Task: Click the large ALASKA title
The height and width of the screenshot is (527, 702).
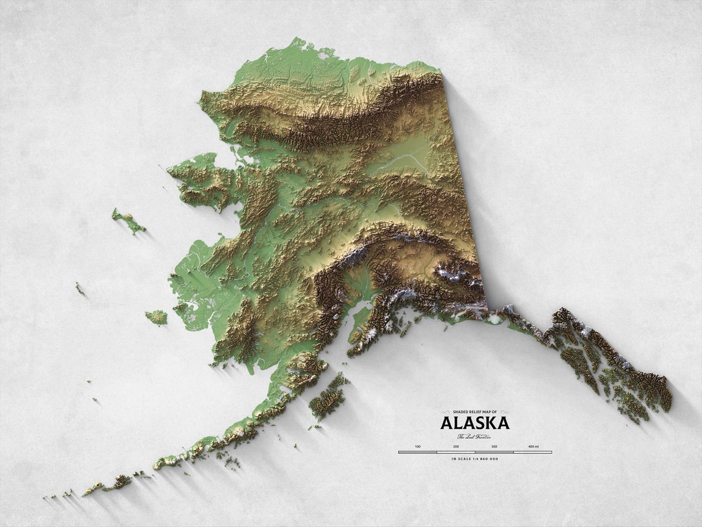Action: pos(475,423)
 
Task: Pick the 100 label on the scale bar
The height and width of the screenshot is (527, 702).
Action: pos(418,446)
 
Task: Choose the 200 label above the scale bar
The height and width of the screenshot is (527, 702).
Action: pos(456,446)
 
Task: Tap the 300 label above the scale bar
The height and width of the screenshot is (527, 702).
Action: pos(494,446)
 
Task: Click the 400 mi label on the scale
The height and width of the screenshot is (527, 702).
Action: pos(533,446)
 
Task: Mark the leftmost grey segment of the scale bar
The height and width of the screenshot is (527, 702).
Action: pos(418,452)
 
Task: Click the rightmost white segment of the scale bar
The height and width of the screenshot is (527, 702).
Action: pos(533,452)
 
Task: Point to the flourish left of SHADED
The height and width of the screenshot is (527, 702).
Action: pos(446,412)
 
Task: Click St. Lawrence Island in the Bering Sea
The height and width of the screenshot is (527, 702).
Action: pos(128,221)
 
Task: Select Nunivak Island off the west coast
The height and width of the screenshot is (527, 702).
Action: pos(156,317)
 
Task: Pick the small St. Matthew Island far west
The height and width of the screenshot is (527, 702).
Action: pos(80,288)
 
